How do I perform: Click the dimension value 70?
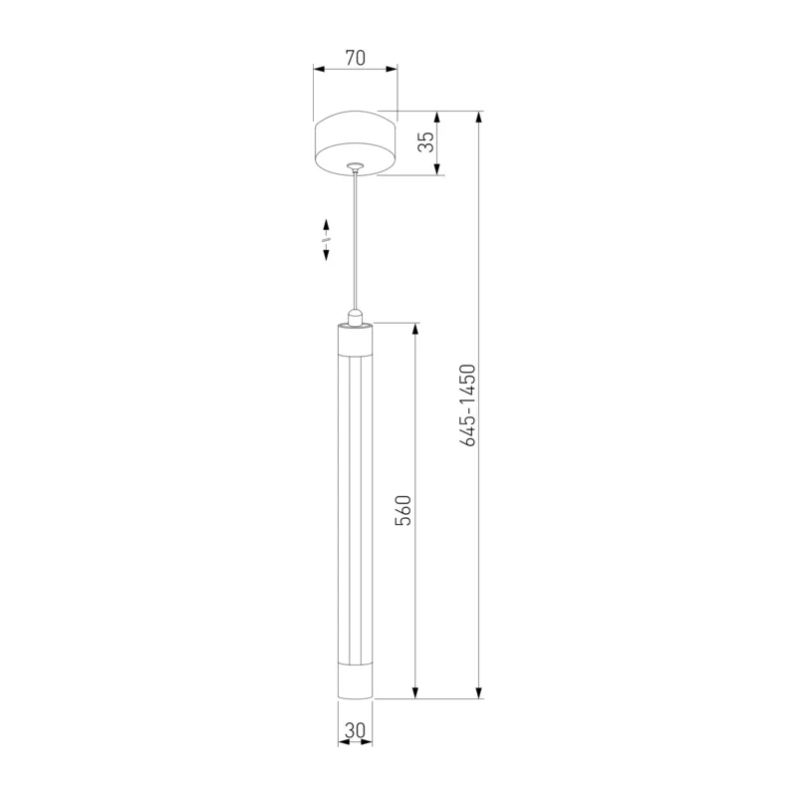coord(356,58)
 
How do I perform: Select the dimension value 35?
coord(426,141)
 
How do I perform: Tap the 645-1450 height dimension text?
coord(467,405)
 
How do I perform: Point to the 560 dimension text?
coord(403,510)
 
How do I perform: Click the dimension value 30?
coord(355,730)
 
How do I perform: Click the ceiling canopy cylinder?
coord(356,142)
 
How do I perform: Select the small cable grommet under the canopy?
coord(356,165)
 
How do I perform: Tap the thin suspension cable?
coord(356,239)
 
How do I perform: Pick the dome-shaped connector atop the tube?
coord(356,317)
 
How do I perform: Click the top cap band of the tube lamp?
coord(356,337)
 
